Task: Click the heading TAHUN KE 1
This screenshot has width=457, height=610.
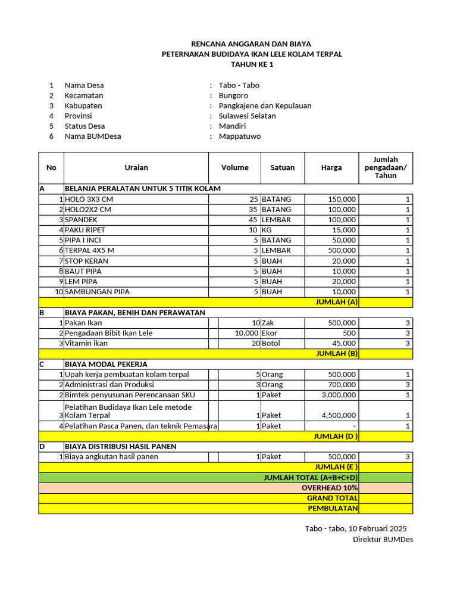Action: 252,64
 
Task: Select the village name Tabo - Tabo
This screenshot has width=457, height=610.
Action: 239,85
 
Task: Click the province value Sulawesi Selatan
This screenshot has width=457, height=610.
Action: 247,116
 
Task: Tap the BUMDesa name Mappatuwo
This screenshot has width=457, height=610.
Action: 239,136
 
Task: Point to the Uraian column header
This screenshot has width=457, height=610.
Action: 136,167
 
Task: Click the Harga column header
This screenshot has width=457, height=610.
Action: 331,167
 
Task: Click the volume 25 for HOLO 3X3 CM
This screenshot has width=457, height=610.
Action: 253,199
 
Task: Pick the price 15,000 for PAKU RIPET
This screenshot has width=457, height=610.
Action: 345,230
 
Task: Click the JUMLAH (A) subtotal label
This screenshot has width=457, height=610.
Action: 336,302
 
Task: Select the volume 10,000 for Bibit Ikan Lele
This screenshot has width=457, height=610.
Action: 246,333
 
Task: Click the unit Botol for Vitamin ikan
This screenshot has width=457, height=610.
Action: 272,343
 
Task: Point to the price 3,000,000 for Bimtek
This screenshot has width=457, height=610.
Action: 339,395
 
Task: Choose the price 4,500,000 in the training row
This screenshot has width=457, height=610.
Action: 339,415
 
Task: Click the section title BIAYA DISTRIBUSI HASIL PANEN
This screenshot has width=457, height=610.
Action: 120,446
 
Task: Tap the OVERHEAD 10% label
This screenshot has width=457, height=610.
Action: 330,487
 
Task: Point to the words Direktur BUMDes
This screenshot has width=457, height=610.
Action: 383,539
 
